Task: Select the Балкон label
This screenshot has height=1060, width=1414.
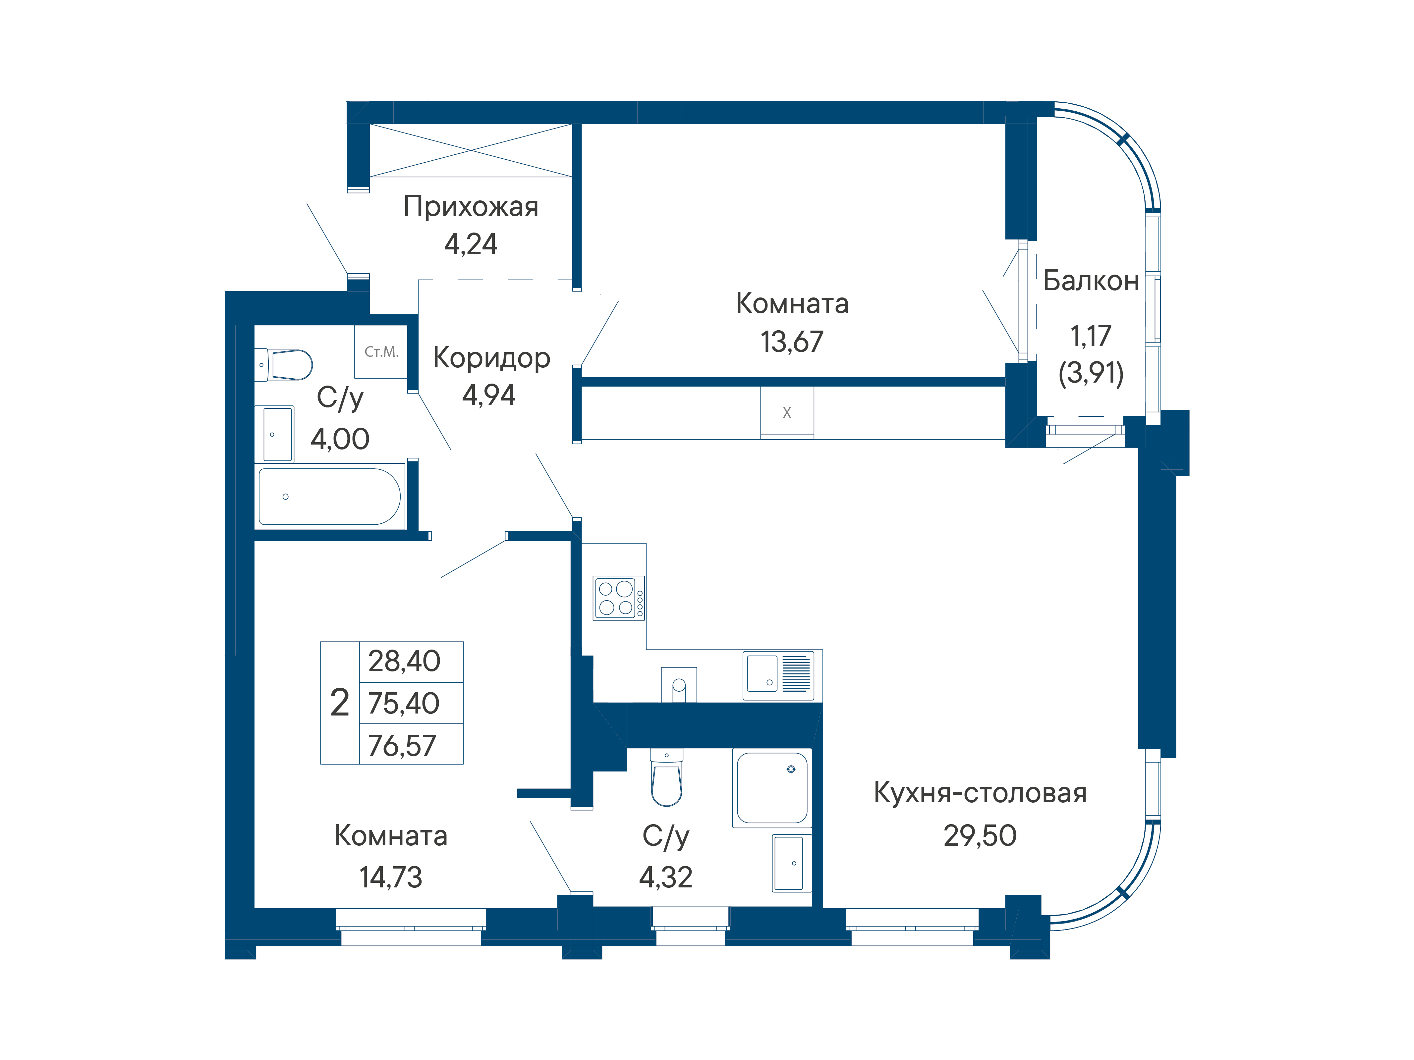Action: pyautogui.click(x=1091, y=281)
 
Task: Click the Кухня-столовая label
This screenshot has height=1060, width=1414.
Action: pyautogui.click(x=980, y=793)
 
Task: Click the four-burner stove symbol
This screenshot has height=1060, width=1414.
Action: pyautogui.click(x=619, y=598)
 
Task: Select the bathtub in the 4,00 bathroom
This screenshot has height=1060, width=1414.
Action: pyautogui.click(x=330, y=497)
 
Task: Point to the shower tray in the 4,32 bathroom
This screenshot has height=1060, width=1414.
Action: pyautogui.click(x=772, y=788)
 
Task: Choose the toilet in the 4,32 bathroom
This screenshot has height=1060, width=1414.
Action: pyautogui.click(x=666, y=778)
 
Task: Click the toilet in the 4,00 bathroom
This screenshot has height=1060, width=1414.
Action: pyautogui.click(x=283, y=365)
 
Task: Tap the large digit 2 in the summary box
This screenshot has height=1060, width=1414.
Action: pyautogui.click(x=339, y=703)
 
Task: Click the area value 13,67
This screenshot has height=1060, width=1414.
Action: pyautogui.click(x=792, y=342)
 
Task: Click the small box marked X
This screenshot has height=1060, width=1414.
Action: pyautogui.click(x=787, y=413)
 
